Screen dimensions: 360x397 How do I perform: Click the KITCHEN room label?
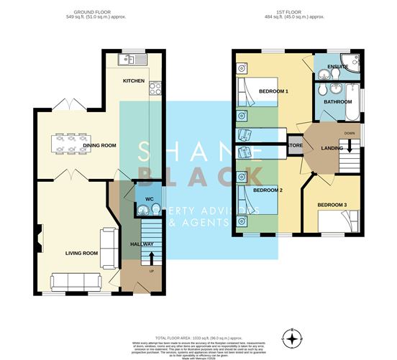click(x=134, y=80)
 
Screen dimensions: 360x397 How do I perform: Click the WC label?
click(x=150, y=198)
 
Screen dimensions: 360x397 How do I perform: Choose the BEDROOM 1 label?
click(x=273, y=91)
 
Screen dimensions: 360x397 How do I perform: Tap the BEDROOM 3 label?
click(x=332, y=205)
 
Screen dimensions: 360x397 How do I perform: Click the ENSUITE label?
click(x=337, y=67)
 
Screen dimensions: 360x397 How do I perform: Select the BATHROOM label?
click(x=337, y=102)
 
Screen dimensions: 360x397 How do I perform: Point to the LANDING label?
click(x=332, y=148)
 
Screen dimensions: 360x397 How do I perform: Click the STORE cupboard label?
click(x=295, y=146)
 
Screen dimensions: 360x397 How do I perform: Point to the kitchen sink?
click(x=134, y=59)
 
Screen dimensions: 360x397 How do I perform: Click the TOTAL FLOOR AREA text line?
click(x=198, y=337)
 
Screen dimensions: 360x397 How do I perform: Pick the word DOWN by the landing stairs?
click(x=350, y=133)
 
